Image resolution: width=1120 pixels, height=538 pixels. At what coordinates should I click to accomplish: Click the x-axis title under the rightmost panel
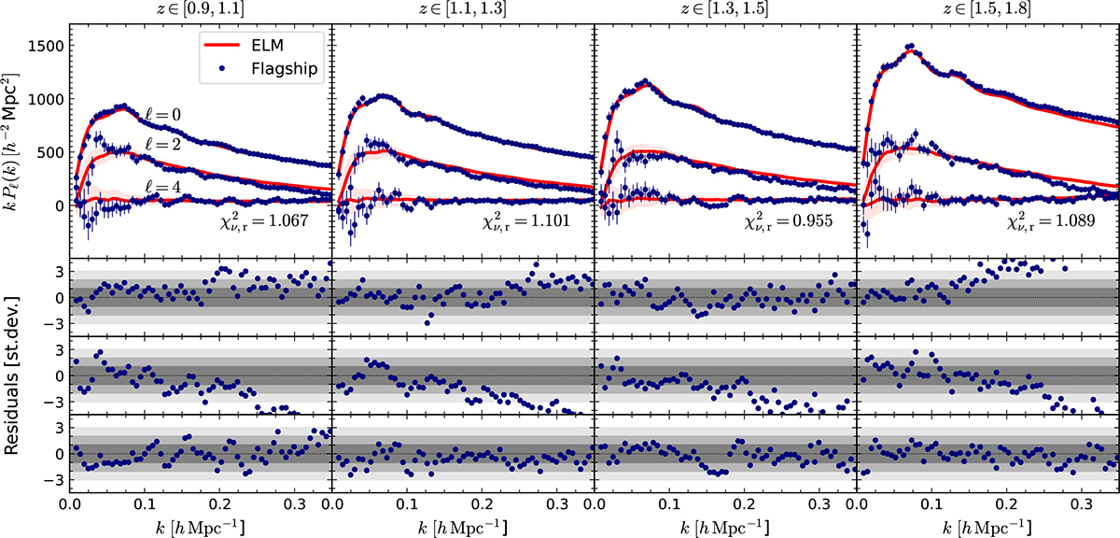click(x=987, y=525)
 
